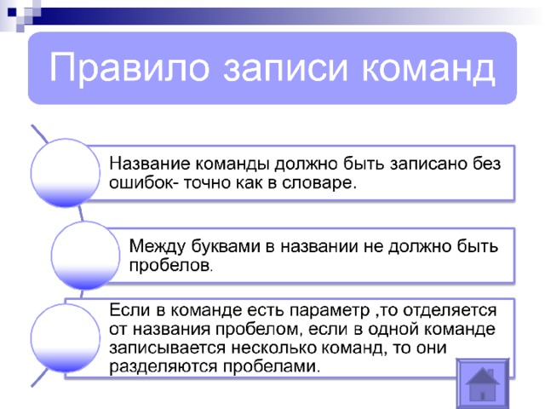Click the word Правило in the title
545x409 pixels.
tap(129, 67)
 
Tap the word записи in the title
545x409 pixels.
tap(285, 67)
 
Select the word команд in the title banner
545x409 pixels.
tap(428, 67)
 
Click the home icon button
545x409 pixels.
tap(483, 383)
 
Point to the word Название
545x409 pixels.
tap(150, 163)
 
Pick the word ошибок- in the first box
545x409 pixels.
tap(144, 183)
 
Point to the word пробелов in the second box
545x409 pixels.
tap(170, 266)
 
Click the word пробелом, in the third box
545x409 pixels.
tap(257, 329)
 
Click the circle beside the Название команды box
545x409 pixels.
tap(66, 173)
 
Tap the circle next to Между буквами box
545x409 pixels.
tap(85, 256)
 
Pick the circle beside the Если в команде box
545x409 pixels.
tap(66, 338)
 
